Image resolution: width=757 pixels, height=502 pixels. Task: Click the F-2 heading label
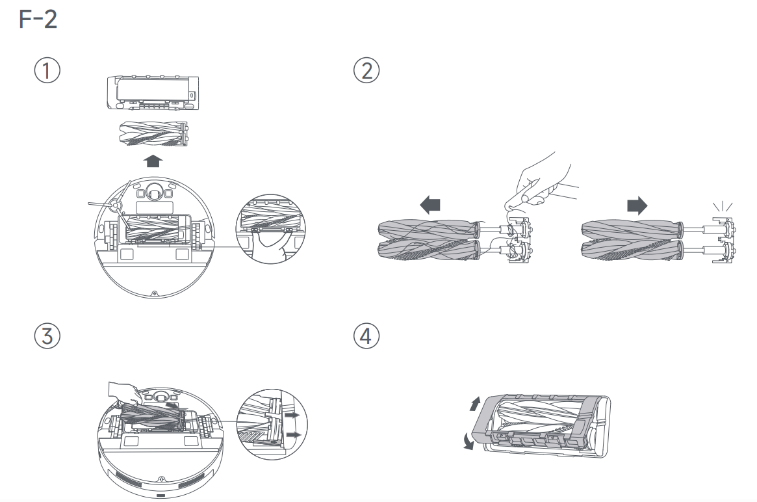(38, 20)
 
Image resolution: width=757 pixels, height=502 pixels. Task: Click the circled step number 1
(47, 70)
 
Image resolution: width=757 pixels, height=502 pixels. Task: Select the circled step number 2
(366, 70)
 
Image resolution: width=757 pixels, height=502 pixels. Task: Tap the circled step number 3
(47, 336)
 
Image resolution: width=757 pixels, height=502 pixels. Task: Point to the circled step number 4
(366, 336)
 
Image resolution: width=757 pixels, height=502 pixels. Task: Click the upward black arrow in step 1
(151, 160)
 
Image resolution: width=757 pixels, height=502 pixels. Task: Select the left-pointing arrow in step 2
(430, 205)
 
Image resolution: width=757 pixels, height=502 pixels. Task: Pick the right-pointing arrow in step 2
(637, 205)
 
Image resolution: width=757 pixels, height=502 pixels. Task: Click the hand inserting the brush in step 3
(123, 392)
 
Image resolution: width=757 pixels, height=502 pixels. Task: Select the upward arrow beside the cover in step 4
(475, 404)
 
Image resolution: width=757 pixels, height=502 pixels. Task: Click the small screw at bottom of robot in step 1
(153, 294)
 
